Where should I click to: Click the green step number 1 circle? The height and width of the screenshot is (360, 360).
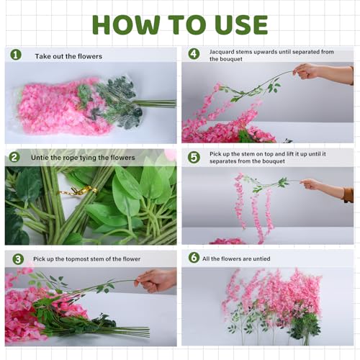(16, 55)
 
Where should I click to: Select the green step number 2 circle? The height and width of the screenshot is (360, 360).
(14, 157)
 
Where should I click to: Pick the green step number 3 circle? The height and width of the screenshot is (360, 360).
(17, 258)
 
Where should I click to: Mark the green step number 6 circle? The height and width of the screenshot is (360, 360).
(194, 258)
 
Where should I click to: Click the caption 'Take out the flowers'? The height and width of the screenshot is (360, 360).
(68, 55)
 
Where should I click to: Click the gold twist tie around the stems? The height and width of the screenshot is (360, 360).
(78, 192)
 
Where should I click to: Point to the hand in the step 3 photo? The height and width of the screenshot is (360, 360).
(155, 279)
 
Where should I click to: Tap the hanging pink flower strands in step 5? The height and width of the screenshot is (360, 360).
(252, 205)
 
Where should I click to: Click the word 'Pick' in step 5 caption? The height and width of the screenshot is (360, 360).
(216, 154)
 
